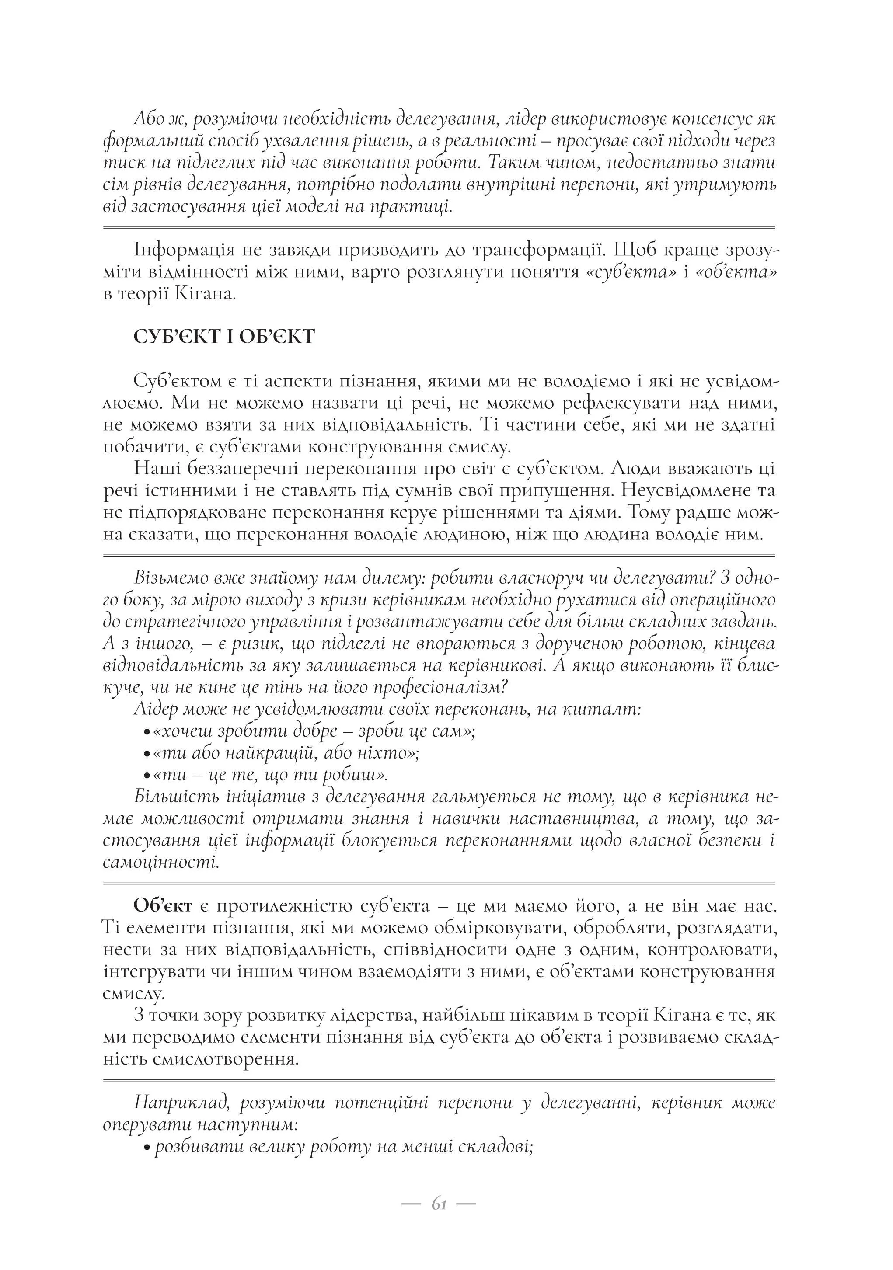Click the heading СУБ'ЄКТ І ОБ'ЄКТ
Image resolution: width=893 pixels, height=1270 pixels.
pyautogui.click(x=224, y=336)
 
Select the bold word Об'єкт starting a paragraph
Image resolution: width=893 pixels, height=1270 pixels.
pyautogui.click(x=163, y=906)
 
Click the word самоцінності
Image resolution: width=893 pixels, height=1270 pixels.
pyautogui.click(x=161, y=863)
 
